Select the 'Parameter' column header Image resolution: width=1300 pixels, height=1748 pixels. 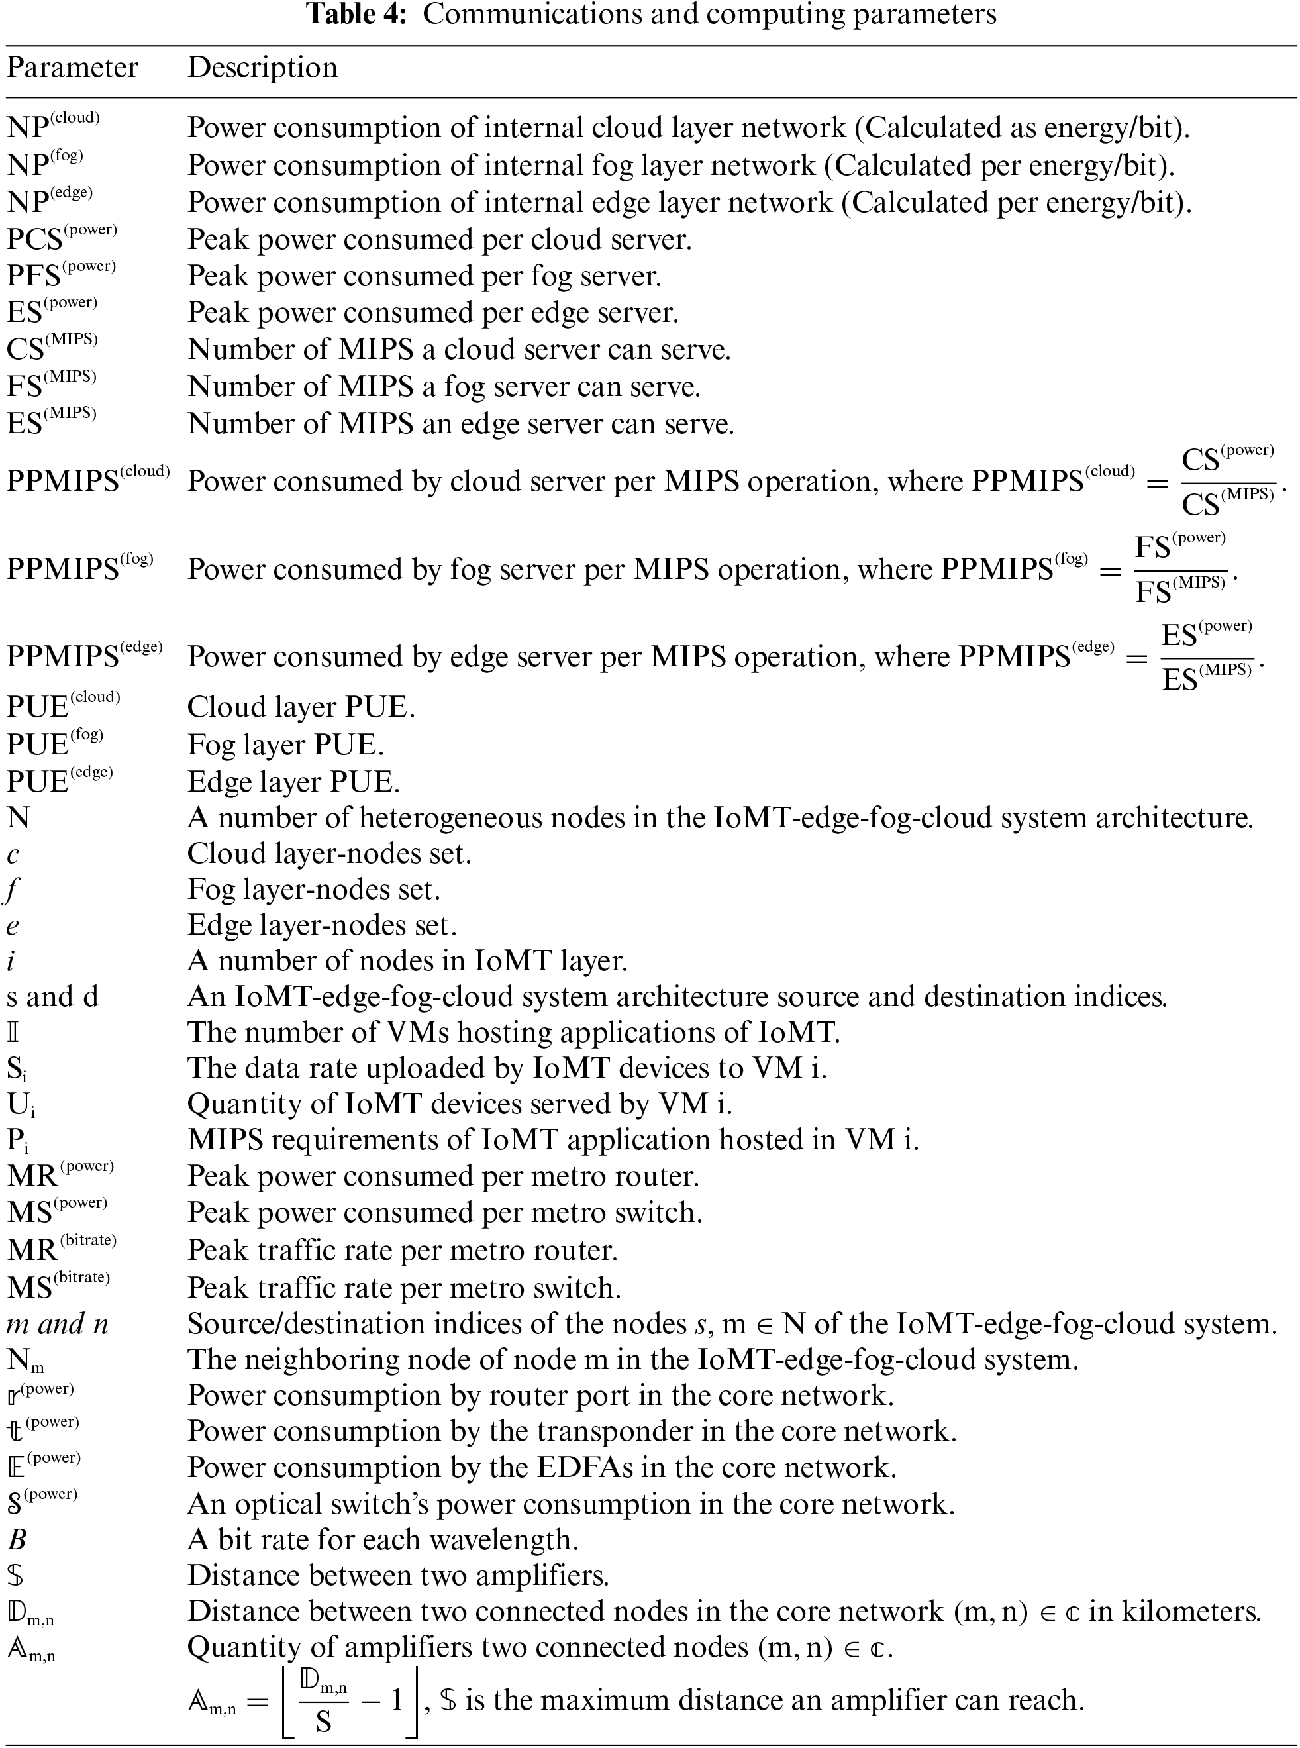(x=72, y=68)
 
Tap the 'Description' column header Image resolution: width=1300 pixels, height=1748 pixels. (x=262, y=68)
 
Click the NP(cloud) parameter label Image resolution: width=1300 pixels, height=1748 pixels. (x=54, y=126)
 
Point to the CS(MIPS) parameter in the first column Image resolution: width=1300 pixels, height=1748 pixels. (x=52, y=348)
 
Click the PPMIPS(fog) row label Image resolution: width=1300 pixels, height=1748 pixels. (x=79, y=568)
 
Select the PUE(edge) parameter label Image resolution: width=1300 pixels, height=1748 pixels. (x=60, y=781)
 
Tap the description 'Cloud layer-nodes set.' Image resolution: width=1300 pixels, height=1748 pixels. (x=329, y=854)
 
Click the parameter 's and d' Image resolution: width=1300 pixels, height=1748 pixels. (x=53, y=996)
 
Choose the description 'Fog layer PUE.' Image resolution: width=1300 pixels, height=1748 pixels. (x=285, y=745)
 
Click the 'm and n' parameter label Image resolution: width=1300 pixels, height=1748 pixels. (x=57, y=1324)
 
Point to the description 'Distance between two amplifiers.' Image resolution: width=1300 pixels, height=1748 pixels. (x=398, y=1576)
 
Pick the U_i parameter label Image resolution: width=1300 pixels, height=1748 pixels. (x=21, y=1105)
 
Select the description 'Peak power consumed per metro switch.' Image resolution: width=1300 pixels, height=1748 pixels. (x=444, y=1213)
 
